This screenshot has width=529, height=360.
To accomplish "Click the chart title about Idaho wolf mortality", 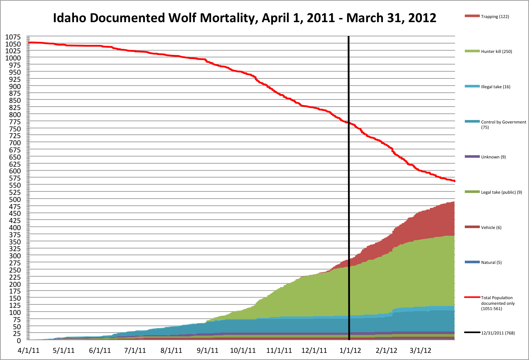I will pos(244,18).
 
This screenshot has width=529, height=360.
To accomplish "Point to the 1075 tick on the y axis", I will pos(13,37).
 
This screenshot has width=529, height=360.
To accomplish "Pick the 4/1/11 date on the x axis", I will pos(29,351).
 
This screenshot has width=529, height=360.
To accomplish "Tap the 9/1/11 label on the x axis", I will pos(208,351).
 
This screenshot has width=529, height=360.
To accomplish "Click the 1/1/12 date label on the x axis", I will pos(350,351).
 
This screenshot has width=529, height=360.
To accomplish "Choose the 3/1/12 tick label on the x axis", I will pos(420,351).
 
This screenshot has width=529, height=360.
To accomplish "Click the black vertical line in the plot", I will pos(349,188).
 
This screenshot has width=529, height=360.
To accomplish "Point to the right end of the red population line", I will pos(454,181).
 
